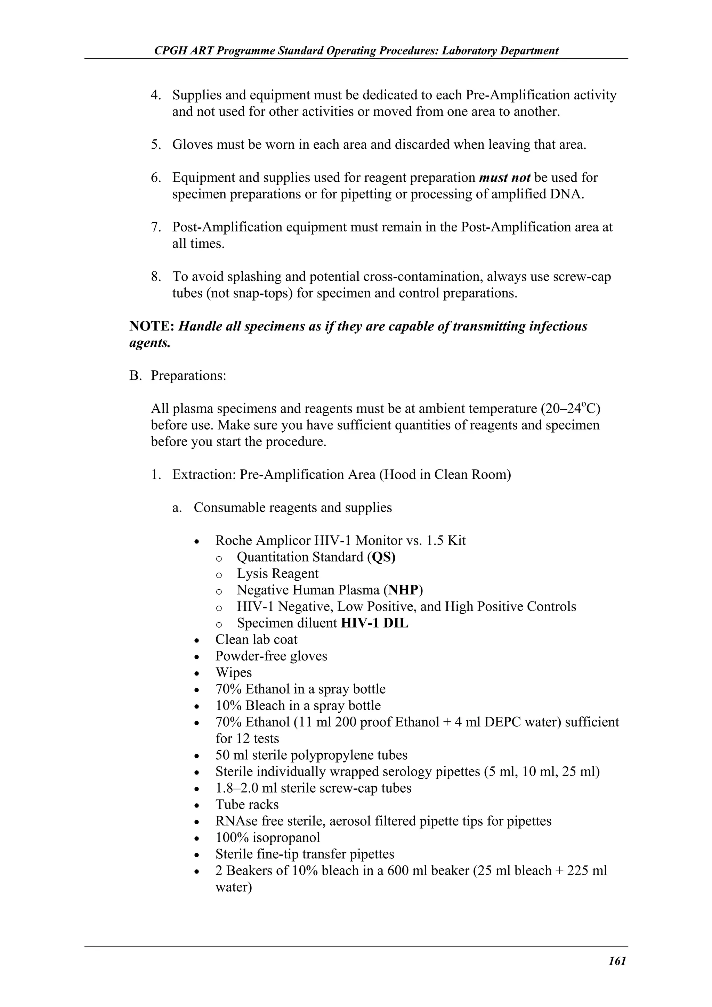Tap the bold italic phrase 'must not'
point(504,178)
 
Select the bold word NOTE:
point(152,326)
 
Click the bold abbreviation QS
point(383,557)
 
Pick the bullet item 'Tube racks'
point(247,804)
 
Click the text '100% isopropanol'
point(268,837)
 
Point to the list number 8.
point(156,277)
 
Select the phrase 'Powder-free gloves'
point(271,656)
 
